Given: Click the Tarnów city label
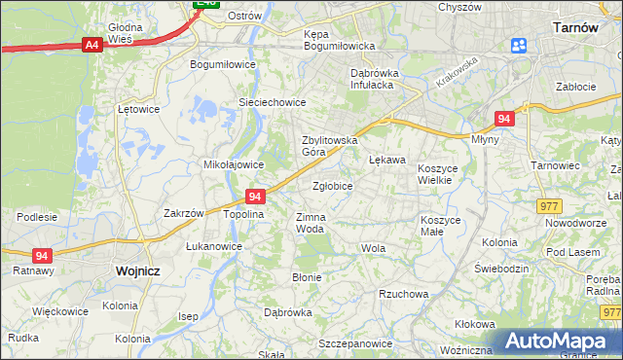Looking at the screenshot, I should coord(574,28).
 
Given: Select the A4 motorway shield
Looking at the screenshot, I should coord(92,45).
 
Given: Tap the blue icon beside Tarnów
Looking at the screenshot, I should coord(518,45).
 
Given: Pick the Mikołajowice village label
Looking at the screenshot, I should coord(234,164).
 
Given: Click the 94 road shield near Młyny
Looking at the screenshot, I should coord(503,118).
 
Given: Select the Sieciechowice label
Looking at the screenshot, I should coord(273,102).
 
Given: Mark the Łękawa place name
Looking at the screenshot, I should coord(386,159).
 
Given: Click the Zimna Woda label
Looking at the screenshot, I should coord(310,223).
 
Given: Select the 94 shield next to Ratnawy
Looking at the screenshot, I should coord(41,255).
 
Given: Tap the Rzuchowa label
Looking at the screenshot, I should coord(404,293).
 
